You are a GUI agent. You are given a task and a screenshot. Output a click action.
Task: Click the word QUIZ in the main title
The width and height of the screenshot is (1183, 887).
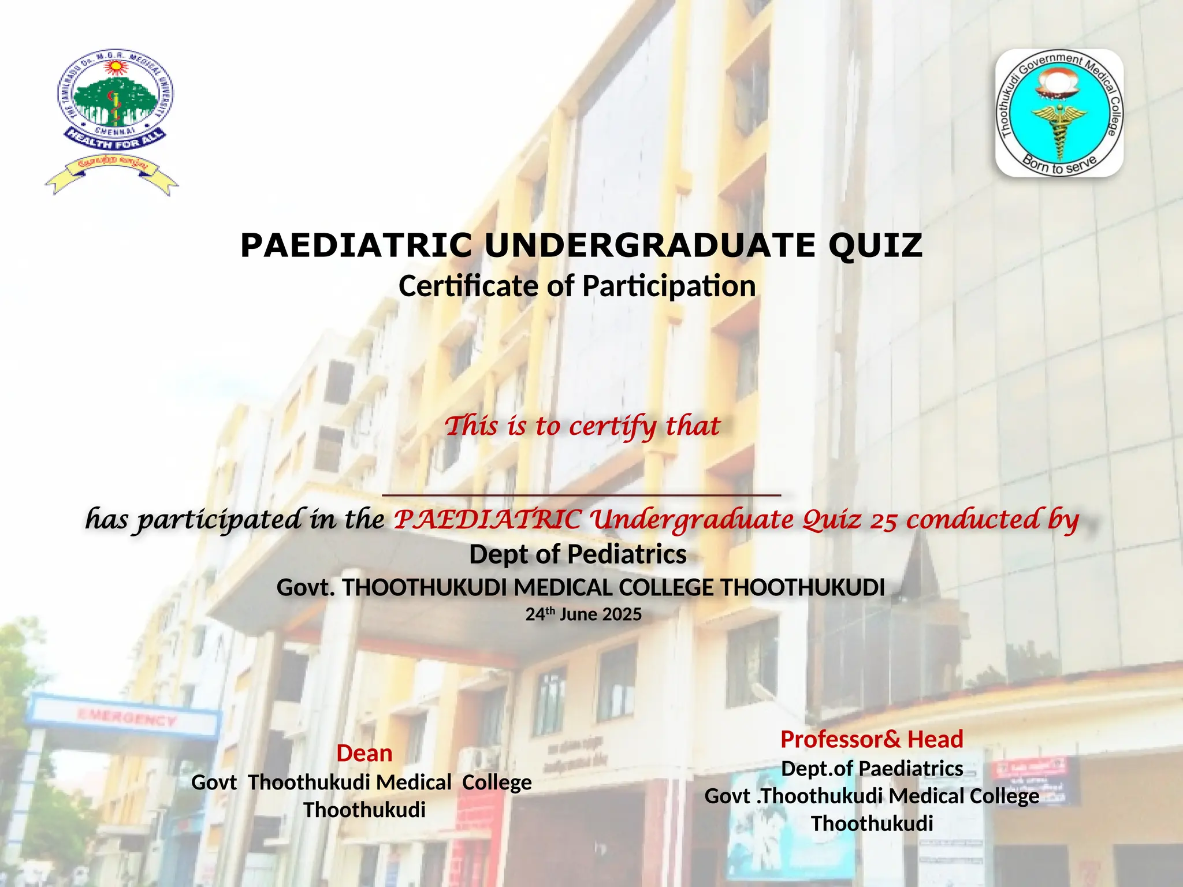875,246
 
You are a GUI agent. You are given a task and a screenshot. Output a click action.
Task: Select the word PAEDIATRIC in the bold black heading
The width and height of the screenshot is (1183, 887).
356,246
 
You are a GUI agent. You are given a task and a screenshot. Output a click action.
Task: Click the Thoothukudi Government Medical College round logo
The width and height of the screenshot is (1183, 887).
1059,113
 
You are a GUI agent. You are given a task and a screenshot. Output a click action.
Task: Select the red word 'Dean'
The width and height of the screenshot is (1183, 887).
364,754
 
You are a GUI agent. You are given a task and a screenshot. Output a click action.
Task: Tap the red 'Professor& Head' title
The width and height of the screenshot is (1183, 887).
872,739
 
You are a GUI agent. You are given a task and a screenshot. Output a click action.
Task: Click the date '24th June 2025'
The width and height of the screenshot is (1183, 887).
583,614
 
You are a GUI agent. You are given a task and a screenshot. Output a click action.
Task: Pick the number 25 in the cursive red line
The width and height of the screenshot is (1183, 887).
884,520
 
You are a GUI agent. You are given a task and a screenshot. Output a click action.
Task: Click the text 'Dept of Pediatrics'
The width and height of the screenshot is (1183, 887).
578,554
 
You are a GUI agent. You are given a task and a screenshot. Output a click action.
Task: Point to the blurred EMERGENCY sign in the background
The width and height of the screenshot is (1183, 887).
127,719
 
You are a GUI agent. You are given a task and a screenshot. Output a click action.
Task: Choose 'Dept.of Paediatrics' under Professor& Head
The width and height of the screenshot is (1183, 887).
872,769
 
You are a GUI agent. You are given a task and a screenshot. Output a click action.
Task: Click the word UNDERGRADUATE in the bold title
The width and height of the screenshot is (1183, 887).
650,246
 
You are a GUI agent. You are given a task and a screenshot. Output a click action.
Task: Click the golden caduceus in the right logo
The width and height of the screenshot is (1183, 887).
1059,127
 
